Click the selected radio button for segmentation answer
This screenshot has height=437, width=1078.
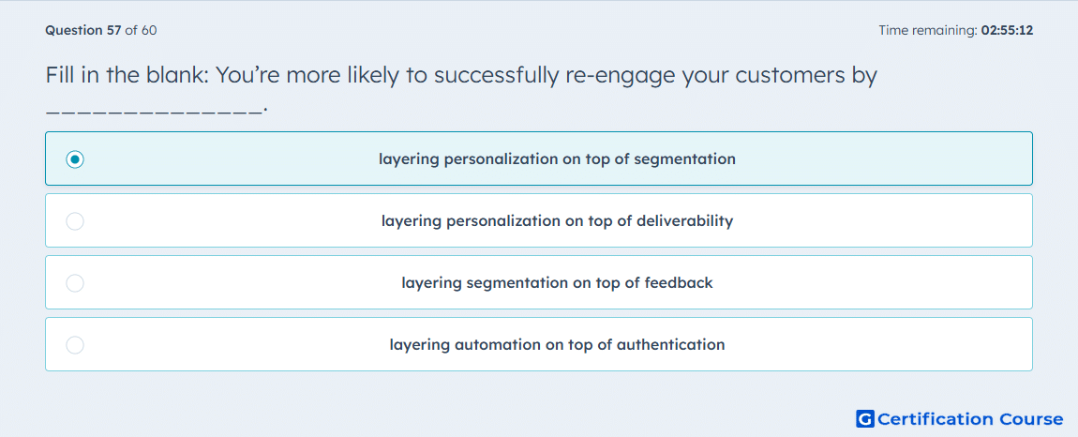point(75,159)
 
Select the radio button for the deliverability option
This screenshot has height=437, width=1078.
point(75,221)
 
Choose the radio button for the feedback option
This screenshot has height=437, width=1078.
point(75,283)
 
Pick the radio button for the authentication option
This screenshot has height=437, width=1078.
point(75,345)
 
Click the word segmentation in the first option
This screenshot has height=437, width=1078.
point(684,159)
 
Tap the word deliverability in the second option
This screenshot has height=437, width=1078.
point(684,221)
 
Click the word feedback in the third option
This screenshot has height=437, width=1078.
point(679,283)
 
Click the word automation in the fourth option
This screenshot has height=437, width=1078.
point(498,345)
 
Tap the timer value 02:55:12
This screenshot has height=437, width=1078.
point(1007,30)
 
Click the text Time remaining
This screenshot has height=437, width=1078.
point(927,31)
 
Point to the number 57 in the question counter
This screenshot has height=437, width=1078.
point(114,30)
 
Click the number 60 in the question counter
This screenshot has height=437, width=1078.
point(149,30)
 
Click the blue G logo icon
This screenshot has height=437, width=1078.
point(865,418)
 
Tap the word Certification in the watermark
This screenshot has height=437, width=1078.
point(936,419)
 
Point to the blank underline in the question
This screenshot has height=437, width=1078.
point(154,110)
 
